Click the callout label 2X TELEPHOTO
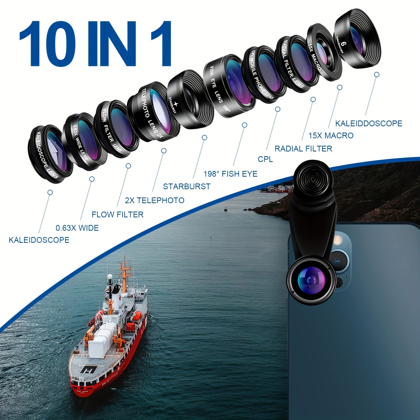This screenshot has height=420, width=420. [x=154, y=200]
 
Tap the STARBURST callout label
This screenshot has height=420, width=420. [x=187, y=186]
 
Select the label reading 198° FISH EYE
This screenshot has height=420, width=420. [x=230, y=174]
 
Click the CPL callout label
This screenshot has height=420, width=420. [x=265, y=159]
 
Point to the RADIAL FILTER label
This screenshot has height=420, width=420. [x=303, y=149]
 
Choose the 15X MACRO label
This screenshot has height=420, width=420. [x=331, y=135]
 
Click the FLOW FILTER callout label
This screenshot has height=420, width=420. [x=117, y=214]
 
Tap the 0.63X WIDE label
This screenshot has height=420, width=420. [x=77, y=228]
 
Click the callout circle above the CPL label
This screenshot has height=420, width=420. [x=278, y=109]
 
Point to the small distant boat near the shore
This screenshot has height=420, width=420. [x=225, y=209]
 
